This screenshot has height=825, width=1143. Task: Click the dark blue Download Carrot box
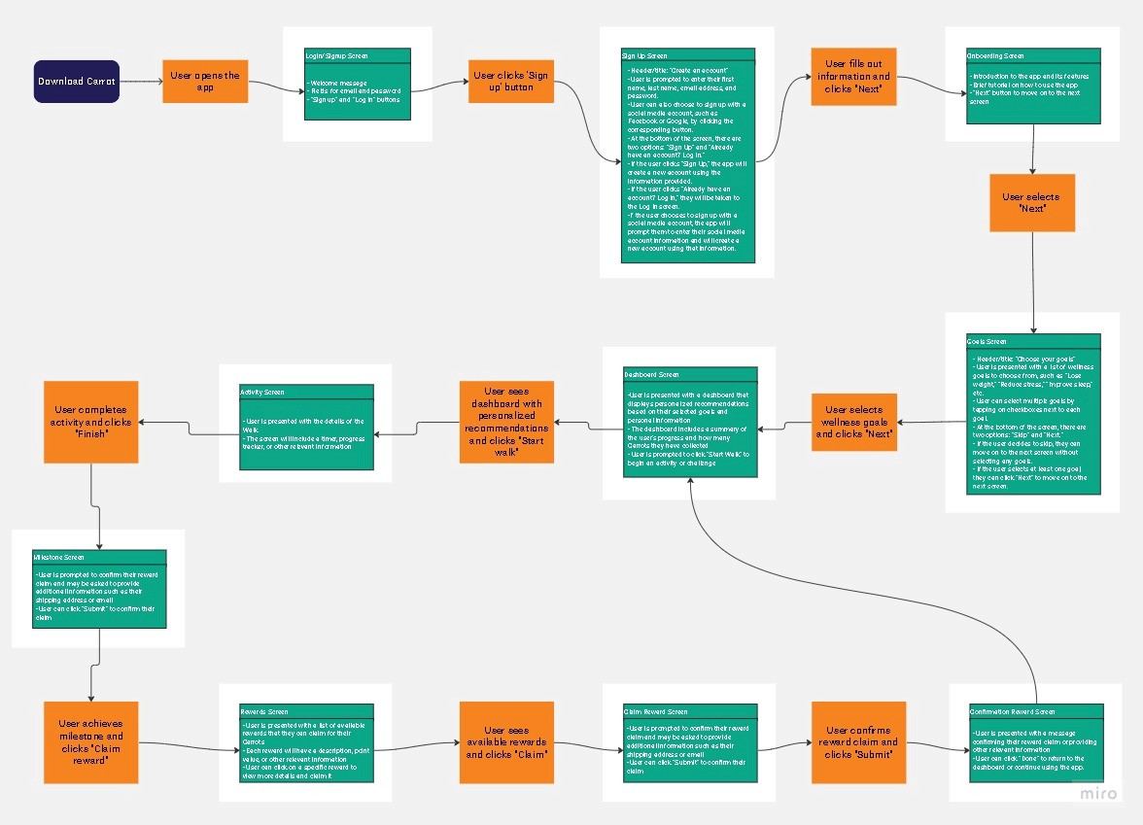coord(77,81)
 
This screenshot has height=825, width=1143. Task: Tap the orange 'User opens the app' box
coord(204,81)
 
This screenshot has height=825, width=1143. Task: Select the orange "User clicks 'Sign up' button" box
coord(510,81)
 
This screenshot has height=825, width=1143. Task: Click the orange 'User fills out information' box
coord(852,77)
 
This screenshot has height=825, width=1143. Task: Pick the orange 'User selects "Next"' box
coord(1031,202)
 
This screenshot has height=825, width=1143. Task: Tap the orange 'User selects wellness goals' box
coord(853,422)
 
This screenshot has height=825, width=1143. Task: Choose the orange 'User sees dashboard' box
coord(506,422)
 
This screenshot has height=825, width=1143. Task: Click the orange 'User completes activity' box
coord(90,422)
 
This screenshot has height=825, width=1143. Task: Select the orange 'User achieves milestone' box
coord(90,742)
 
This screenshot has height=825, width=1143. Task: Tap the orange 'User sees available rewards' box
coord(506,742)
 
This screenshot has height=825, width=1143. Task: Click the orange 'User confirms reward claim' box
coord(858,742)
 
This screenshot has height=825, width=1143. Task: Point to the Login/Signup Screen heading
coord(336,56)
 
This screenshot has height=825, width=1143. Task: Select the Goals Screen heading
coord(987,342)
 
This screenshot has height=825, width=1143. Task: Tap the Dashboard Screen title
coord(651,374)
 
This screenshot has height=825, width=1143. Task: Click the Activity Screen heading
coord(262,392)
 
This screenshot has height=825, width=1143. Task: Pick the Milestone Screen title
coord(59,558)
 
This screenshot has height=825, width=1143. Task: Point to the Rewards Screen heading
coord(264,711)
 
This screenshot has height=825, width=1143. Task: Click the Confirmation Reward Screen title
coord(1012,711)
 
